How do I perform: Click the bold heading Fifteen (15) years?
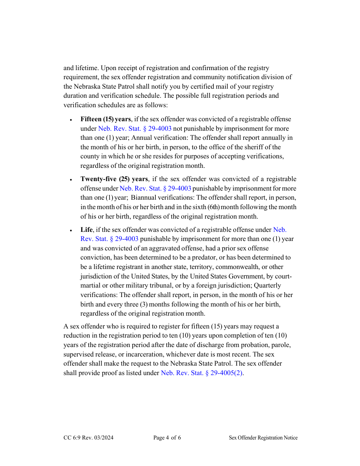(x=106, y=119)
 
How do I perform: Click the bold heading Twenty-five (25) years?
(x=114, y=179)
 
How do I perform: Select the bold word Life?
(x=86, y=230)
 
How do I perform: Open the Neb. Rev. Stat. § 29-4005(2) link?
(x=202, y=373)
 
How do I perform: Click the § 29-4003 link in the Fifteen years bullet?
(x=135, y=128)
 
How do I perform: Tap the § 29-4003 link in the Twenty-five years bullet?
(x=155, y=188)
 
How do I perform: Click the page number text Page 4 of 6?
(x=167, y=438)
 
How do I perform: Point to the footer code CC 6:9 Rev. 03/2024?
(x=88, y=438)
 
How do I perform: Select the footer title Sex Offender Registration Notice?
(x=263, y=438)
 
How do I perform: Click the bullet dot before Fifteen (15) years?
(x=71, y=120)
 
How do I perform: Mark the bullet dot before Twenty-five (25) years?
(x=71, y=180)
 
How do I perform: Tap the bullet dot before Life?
(x=71, y=230)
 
